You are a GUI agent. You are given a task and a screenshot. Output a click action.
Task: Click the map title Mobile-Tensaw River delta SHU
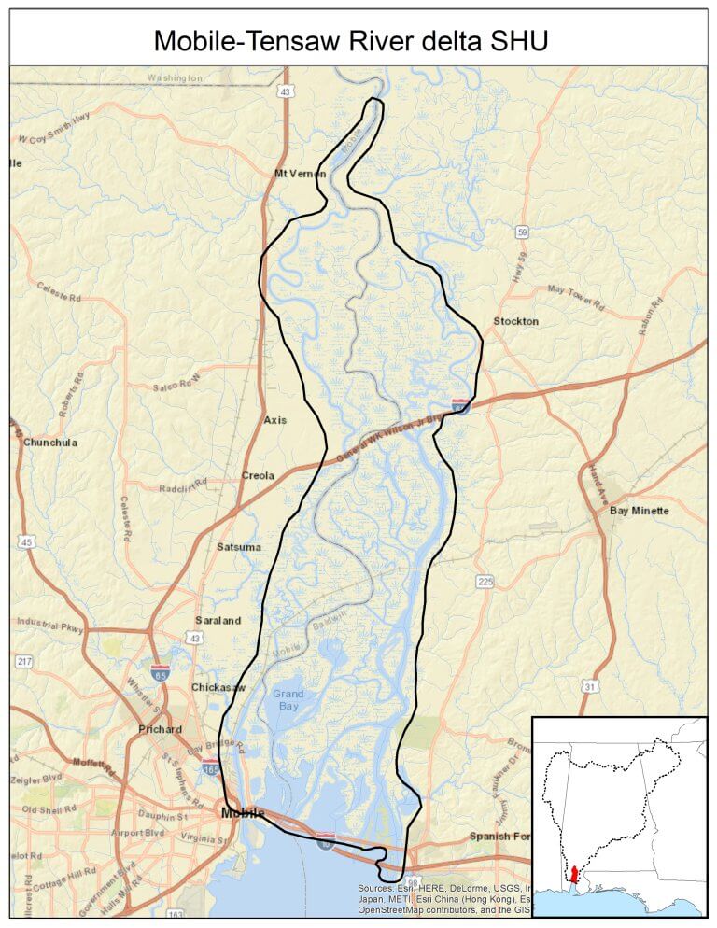pos(358,40)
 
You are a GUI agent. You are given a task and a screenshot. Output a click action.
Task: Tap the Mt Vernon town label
pos(300,174)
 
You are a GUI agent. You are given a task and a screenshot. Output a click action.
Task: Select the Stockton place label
pos(515,321)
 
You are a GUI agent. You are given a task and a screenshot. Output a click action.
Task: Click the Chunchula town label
pos(50,442)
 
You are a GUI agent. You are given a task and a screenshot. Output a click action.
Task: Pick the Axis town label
pos(275,420)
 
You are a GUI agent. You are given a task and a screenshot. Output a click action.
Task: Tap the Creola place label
pos(258,475)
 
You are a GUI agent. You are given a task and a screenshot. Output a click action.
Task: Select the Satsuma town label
pos(239,547)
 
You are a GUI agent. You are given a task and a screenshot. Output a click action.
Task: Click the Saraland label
pos(218,620)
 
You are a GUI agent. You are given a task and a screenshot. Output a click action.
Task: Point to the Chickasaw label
pos(218,687)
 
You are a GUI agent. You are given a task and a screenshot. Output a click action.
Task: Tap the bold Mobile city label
pos(243,814)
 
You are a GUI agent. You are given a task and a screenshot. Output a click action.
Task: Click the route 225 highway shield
pos(485,582)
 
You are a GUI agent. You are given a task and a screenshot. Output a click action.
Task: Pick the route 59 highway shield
pos(523,232)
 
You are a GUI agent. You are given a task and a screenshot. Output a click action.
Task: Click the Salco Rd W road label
pos(177,385)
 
